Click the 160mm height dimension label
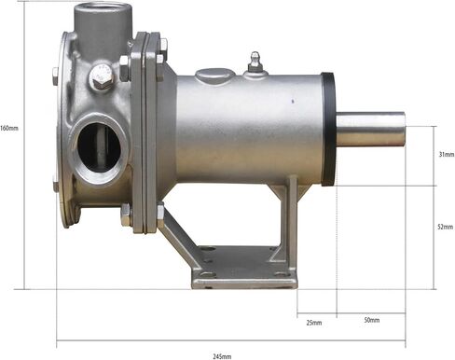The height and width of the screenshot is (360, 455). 9,128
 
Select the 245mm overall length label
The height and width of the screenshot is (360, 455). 222,355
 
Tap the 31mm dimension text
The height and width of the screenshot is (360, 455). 446,155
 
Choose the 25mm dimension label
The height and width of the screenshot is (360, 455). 314,323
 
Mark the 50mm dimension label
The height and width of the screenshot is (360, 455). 372,320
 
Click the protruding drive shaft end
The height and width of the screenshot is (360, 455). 371,131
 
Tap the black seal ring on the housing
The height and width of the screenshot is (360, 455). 328,129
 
